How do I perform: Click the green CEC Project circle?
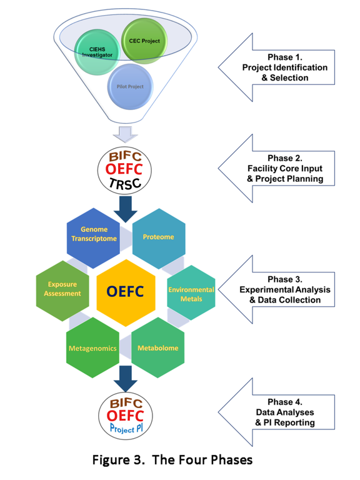click(144, 41)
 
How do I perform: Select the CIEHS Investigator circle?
click(97, 52)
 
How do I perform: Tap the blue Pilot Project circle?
click(130, 87)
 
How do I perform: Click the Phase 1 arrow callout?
click(276, 67)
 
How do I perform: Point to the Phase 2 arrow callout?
click(276, 168)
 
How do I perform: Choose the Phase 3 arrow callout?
click(276, 289)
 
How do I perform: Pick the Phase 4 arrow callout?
click(276, 412)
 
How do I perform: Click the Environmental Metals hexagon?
click(191, 292)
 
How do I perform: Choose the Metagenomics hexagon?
click(92, 347)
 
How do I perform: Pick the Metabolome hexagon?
click(158, 347)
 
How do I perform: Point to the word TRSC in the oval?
click(125, 183)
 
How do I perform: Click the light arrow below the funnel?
click(126, 134)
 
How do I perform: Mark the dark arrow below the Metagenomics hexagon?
click(126, 379)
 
